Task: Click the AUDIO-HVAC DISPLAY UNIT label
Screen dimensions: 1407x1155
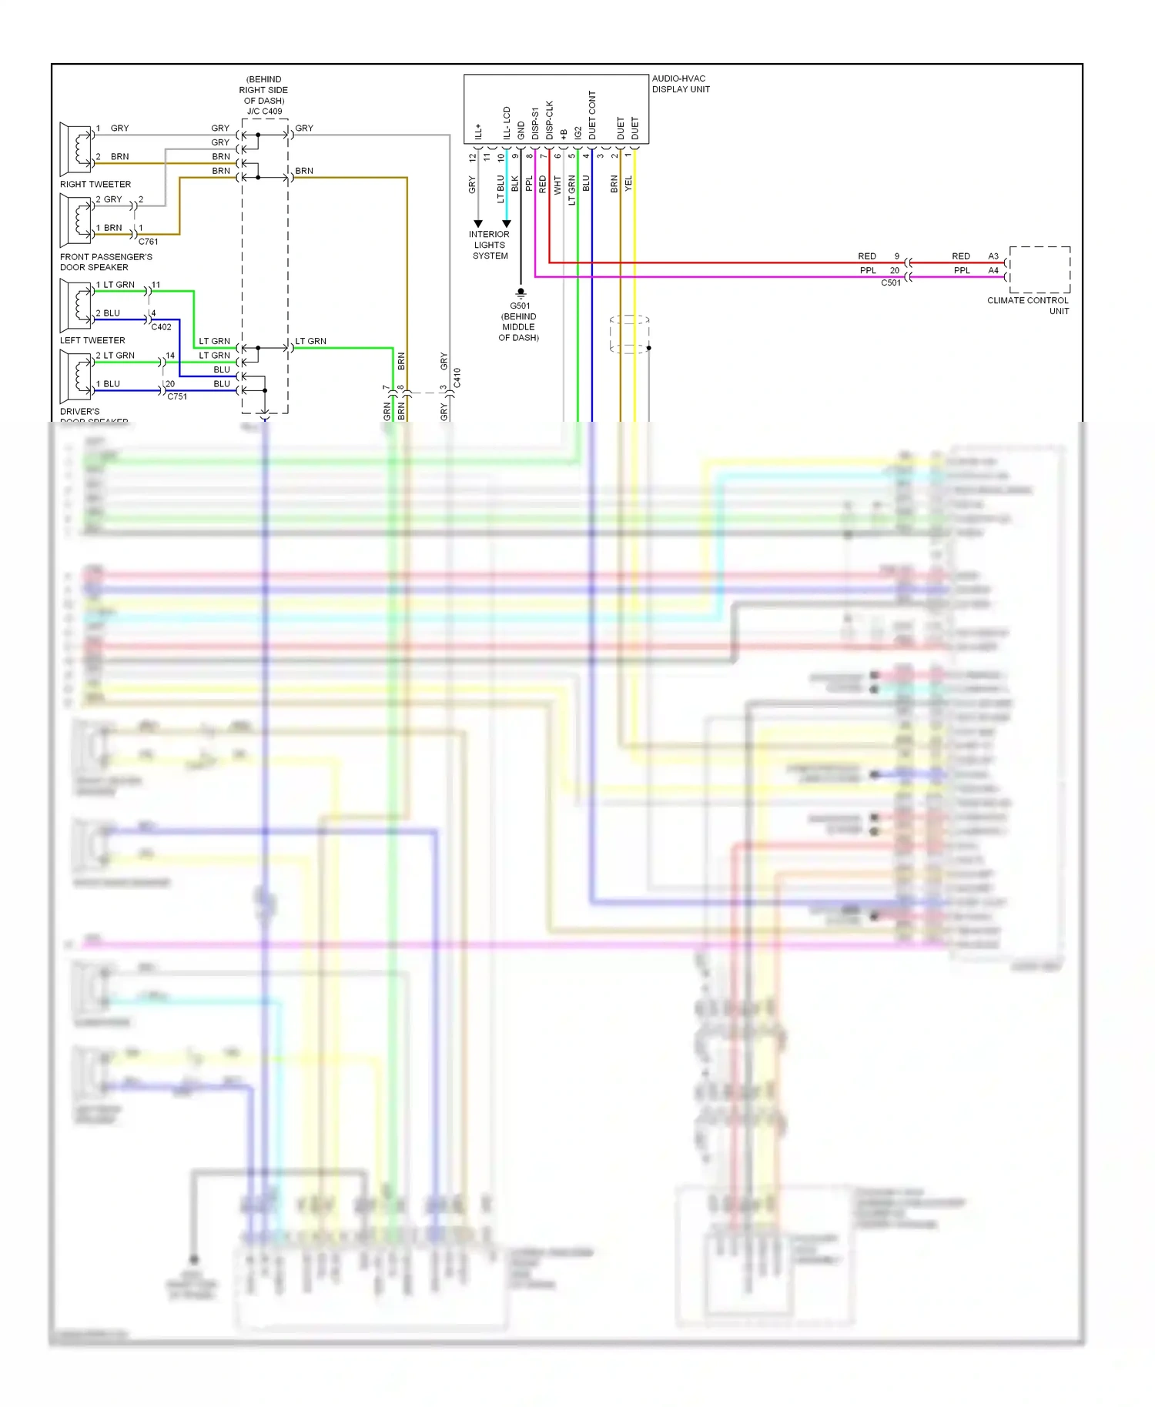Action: click(x=680, y=84)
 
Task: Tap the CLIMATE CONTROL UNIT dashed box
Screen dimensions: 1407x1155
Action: click(x=1039, y=269)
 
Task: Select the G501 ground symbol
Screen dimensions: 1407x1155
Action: click(x=521, y=292)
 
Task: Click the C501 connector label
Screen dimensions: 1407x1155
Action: click(x=890, y=282)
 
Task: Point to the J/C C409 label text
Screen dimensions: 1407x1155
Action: click(x=264, y=111)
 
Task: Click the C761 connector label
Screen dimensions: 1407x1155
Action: click(x=148, y=241)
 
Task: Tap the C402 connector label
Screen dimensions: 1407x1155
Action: click(x=161, y=326)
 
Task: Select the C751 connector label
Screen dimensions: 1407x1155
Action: click(x=176, y=396)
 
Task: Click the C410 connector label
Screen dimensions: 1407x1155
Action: click(x=457, y=377)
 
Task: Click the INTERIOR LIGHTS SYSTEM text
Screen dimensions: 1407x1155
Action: click(x=490, y=245)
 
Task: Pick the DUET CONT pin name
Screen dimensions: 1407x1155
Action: click(x=592, y=115)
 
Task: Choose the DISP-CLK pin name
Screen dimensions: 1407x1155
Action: click(x=549, y=119)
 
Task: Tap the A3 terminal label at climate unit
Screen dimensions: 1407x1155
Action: click(x=993, y=256)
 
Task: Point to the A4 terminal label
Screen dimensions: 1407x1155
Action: click(x=993, y=270)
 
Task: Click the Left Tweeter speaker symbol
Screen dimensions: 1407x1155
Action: click(x=75, y=303)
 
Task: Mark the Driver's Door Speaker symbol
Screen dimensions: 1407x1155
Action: click(x=75, y=375)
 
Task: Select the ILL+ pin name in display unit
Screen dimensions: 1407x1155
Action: click(x=478, y=131)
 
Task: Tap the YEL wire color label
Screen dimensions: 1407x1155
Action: click(x=628, y=183)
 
